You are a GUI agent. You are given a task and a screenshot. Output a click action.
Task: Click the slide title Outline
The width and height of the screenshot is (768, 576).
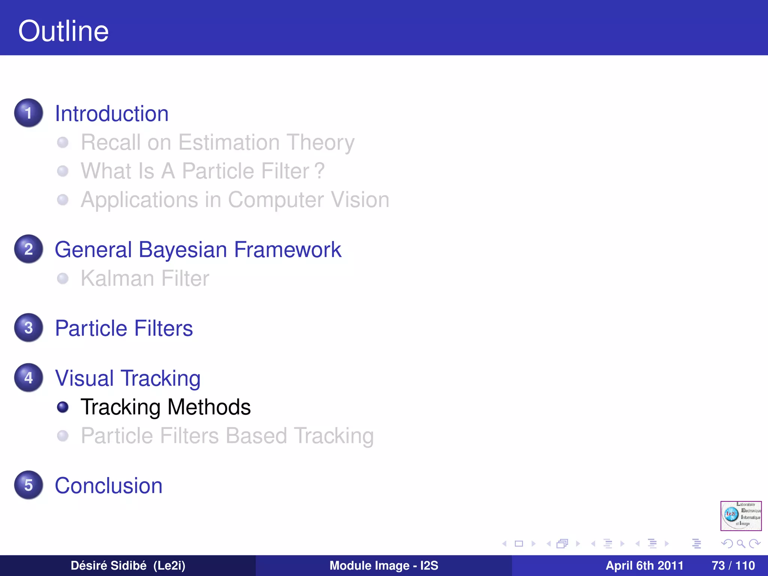pyautogui.click(x=63, y=31)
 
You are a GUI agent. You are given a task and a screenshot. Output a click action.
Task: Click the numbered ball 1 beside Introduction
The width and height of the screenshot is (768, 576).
pyautogui.click(x=28, y=113)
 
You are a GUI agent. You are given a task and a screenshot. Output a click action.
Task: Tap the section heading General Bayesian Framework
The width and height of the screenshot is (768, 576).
pyautogui.click(x=198, y=250)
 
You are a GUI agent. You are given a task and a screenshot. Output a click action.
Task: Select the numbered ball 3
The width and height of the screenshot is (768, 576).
pyautogui.click(x=28, y=328)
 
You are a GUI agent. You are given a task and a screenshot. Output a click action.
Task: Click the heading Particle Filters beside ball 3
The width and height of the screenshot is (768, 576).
pyautogui.click(x=124, y=328)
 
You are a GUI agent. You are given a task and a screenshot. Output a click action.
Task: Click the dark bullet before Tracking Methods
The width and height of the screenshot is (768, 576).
pyautogui.click(x=63, y=407)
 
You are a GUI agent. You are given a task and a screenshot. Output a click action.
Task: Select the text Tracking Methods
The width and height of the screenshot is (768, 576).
pyautogui.click(x=165, y=407)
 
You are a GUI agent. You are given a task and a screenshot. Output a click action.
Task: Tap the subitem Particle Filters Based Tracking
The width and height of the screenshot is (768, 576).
pyautogui.click(x=227, y=436)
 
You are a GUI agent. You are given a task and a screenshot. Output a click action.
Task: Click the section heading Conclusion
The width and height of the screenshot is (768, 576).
pyautogui.click(x=109, y=486)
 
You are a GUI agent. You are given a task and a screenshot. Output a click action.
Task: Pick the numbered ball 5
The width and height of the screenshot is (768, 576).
pyautogui.click(x=28, y=485)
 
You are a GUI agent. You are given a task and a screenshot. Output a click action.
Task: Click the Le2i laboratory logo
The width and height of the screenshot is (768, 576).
pyautogui.click(x=741, y=516)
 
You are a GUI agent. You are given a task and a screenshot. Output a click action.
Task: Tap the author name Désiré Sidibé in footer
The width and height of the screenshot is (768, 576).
pyautogui.click(x=108, y=565)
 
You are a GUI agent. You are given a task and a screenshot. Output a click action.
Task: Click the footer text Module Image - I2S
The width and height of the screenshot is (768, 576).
pyautogui.click(x=384, y=565)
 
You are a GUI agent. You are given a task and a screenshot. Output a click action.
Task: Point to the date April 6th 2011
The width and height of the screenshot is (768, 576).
pyautogui.click(x=644, y=565)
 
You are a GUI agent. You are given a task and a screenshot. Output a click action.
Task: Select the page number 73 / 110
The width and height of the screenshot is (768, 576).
pyautogui.click(x=733, y=565)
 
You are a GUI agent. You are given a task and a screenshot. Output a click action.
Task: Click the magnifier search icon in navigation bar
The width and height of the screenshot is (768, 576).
pyautogui.click(x=741, y=543)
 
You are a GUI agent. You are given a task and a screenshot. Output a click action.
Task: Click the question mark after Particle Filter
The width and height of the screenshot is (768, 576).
pyautogui.click(x=319, y=171)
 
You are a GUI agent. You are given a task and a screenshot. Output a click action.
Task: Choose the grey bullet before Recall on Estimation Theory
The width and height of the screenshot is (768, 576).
pyautogui.click(x=63, y=142)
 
